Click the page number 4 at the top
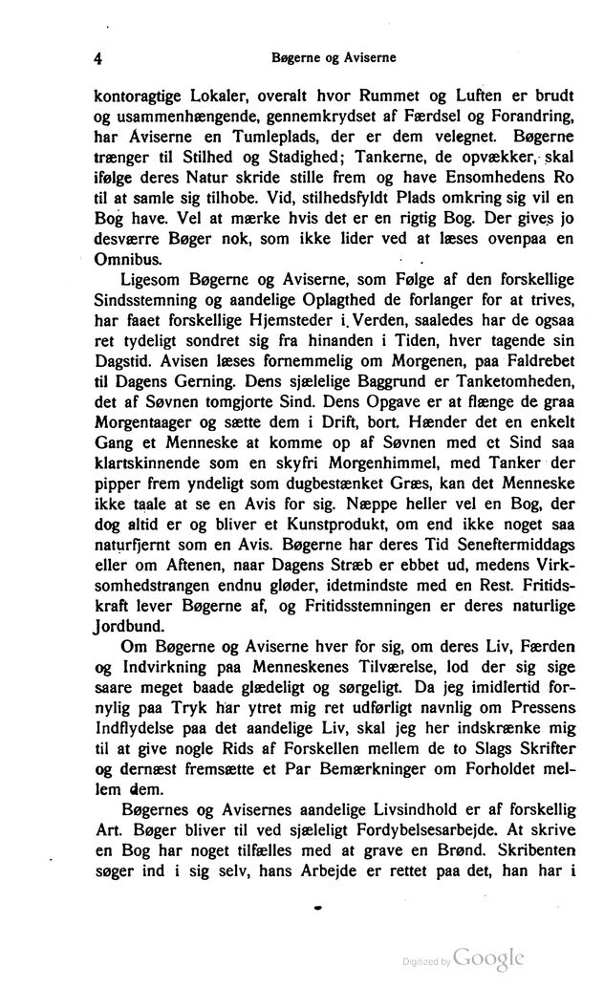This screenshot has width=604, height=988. click(98, 57)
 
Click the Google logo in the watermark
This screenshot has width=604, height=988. click(489, 958)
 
